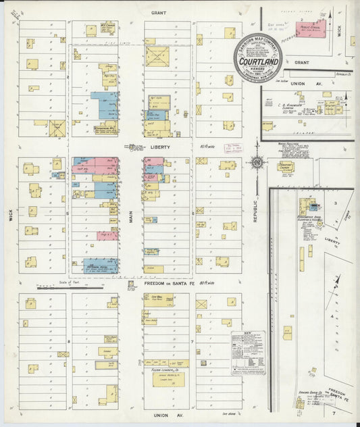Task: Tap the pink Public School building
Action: [x=311, y=28]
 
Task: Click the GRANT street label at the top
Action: [x=159, y=13]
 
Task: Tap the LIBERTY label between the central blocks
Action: [x=160, y=147]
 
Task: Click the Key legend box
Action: [x=247, y=351]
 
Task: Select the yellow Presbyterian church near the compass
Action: [x=286, y=166]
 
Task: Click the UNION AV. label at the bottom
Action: [x=159, y=414]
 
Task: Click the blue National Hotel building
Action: [x=100, y=266]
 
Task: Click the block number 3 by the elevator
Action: [x=334, y=203]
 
